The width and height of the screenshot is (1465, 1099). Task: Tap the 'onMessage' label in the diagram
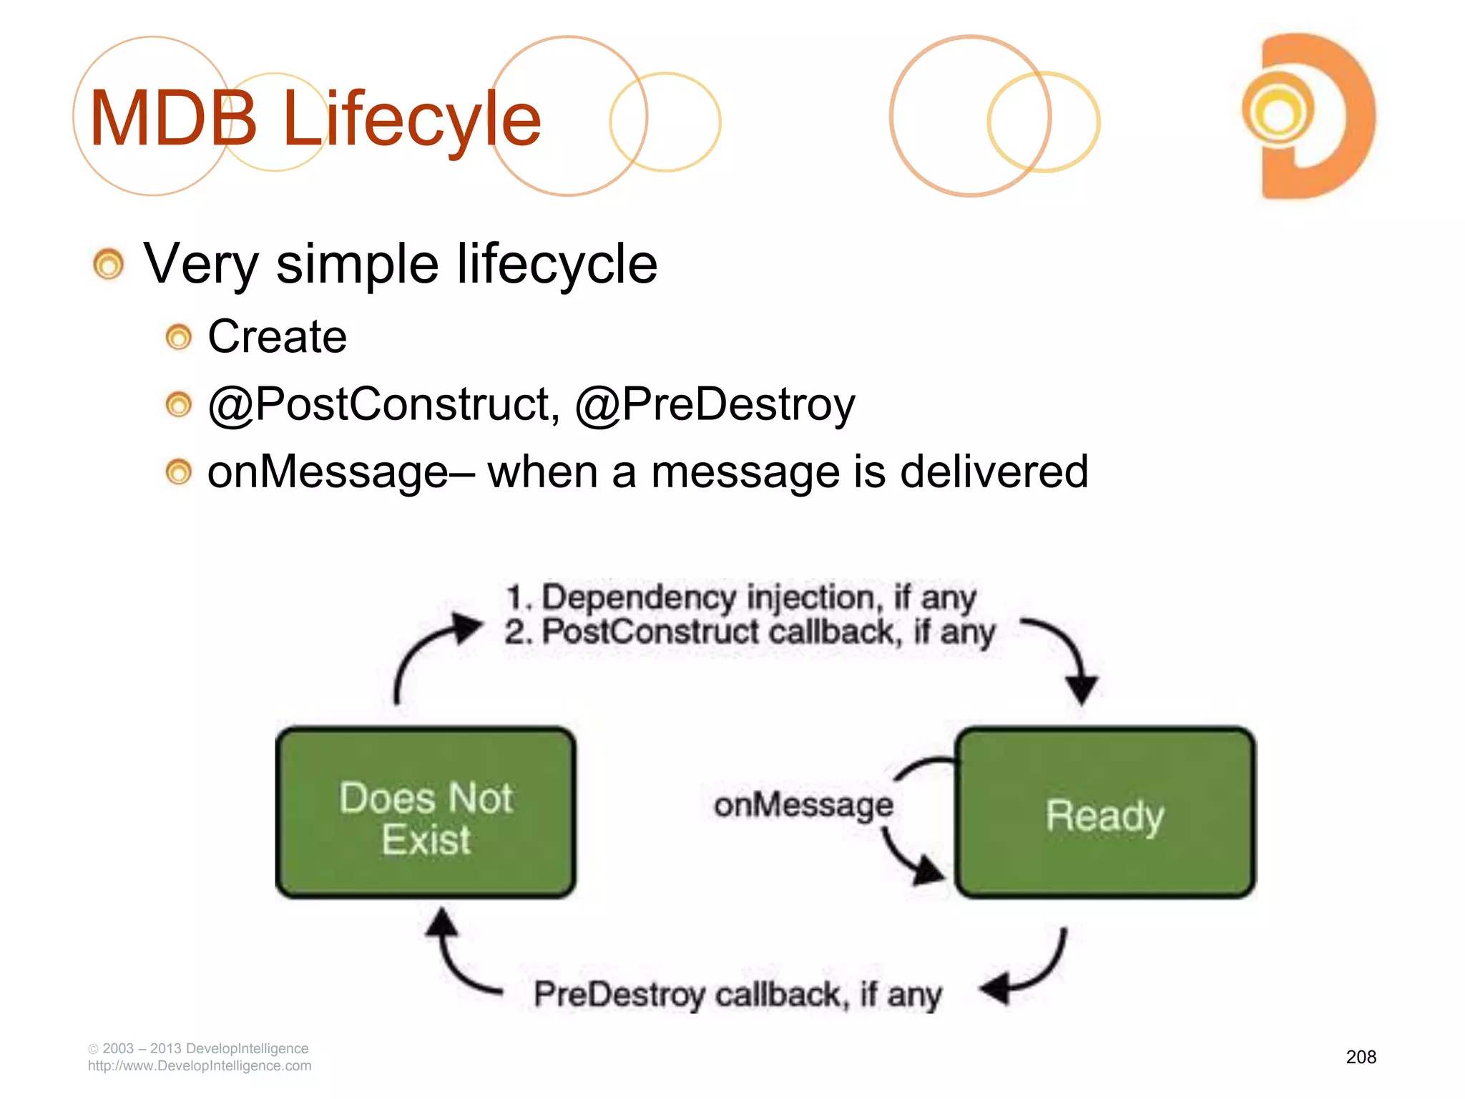pos(803,806)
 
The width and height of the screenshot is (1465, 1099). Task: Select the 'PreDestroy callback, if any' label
pos(738,995)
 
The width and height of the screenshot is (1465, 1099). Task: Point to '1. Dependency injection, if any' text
pos(740,597)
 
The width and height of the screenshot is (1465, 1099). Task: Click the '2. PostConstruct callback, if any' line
pos(749,632)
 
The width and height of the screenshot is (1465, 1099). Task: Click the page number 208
pos(1361,1057)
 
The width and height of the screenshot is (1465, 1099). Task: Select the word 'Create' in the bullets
pos(277,336)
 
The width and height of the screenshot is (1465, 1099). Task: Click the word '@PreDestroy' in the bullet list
pos(715,405)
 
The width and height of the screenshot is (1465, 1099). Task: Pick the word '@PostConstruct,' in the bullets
pos(383,405)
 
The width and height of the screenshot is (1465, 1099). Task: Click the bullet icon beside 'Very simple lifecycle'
pos(109,264)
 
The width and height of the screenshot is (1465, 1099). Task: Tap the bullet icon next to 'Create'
pos(179,337)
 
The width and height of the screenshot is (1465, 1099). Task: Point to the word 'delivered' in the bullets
pos(994,472)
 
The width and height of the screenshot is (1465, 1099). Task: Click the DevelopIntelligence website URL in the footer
pos(200,1066)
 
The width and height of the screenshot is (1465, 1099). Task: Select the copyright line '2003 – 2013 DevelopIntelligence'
pos(205,1048)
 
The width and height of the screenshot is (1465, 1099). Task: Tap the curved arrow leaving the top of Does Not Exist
pos(429,651)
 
